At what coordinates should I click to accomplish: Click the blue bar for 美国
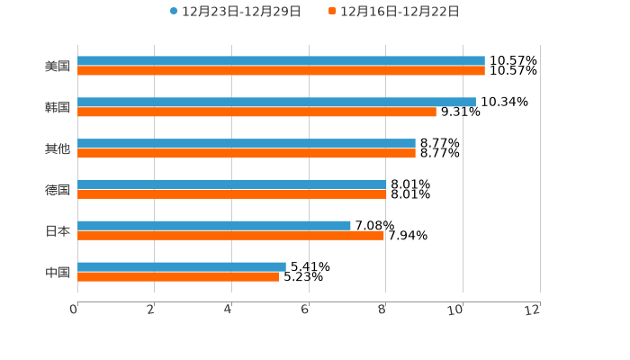click(x=281, y=61)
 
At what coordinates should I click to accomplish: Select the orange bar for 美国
click(x=281, y=71)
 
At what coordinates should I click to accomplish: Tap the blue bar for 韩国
click(x=276, y=103)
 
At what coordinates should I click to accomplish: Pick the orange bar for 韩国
click(x=256, y=112)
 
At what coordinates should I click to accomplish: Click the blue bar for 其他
click(x=247, y=144)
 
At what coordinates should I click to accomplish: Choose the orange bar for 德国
click(x=232, y=194)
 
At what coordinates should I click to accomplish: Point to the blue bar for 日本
click(x=214, y=226)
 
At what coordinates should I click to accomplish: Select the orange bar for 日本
click(x=230, y=236)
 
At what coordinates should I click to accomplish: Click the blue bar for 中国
click(x=182, y=267)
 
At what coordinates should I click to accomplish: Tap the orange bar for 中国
click(x=178, y=277)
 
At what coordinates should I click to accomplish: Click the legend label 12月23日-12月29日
click(x=241, y=12)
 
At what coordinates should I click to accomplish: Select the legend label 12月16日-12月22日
click(x=400, y=12)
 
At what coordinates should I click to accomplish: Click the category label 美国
click(x=58, y=67)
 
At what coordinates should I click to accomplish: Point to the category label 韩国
click(x=58, y=108)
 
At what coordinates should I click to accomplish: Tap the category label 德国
click(x=58, y=190)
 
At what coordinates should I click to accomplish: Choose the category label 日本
click(x=58, y=231)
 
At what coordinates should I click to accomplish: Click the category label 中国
click(x=58, y=273)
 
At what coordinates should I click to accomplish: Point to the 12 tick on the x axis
click(x=534, y=310)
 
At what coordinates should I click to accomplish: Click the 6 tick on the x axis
click(x=305, y=310)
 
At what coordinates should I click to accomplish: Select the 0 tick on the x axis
click(x=75, y=310)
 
